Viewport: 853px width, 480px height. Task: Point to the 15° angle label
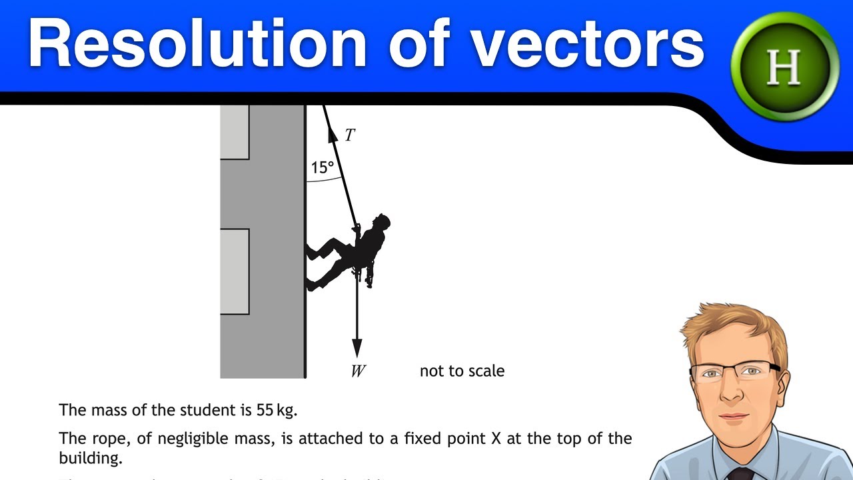click(x=322, y=168)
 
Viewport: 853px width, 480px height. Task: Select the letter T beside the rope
click(x=349, y=136)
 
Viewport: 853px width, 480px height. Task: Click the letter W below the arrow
click(x=358, y=371)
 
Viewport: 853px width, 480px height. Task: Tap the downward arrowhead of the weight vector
click(x=357, y=347)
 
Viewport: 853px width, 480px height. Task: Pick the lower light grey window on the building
click(x=235, y=271)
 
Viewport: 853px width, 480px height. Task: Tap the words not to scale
click(x=462, y=371)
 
